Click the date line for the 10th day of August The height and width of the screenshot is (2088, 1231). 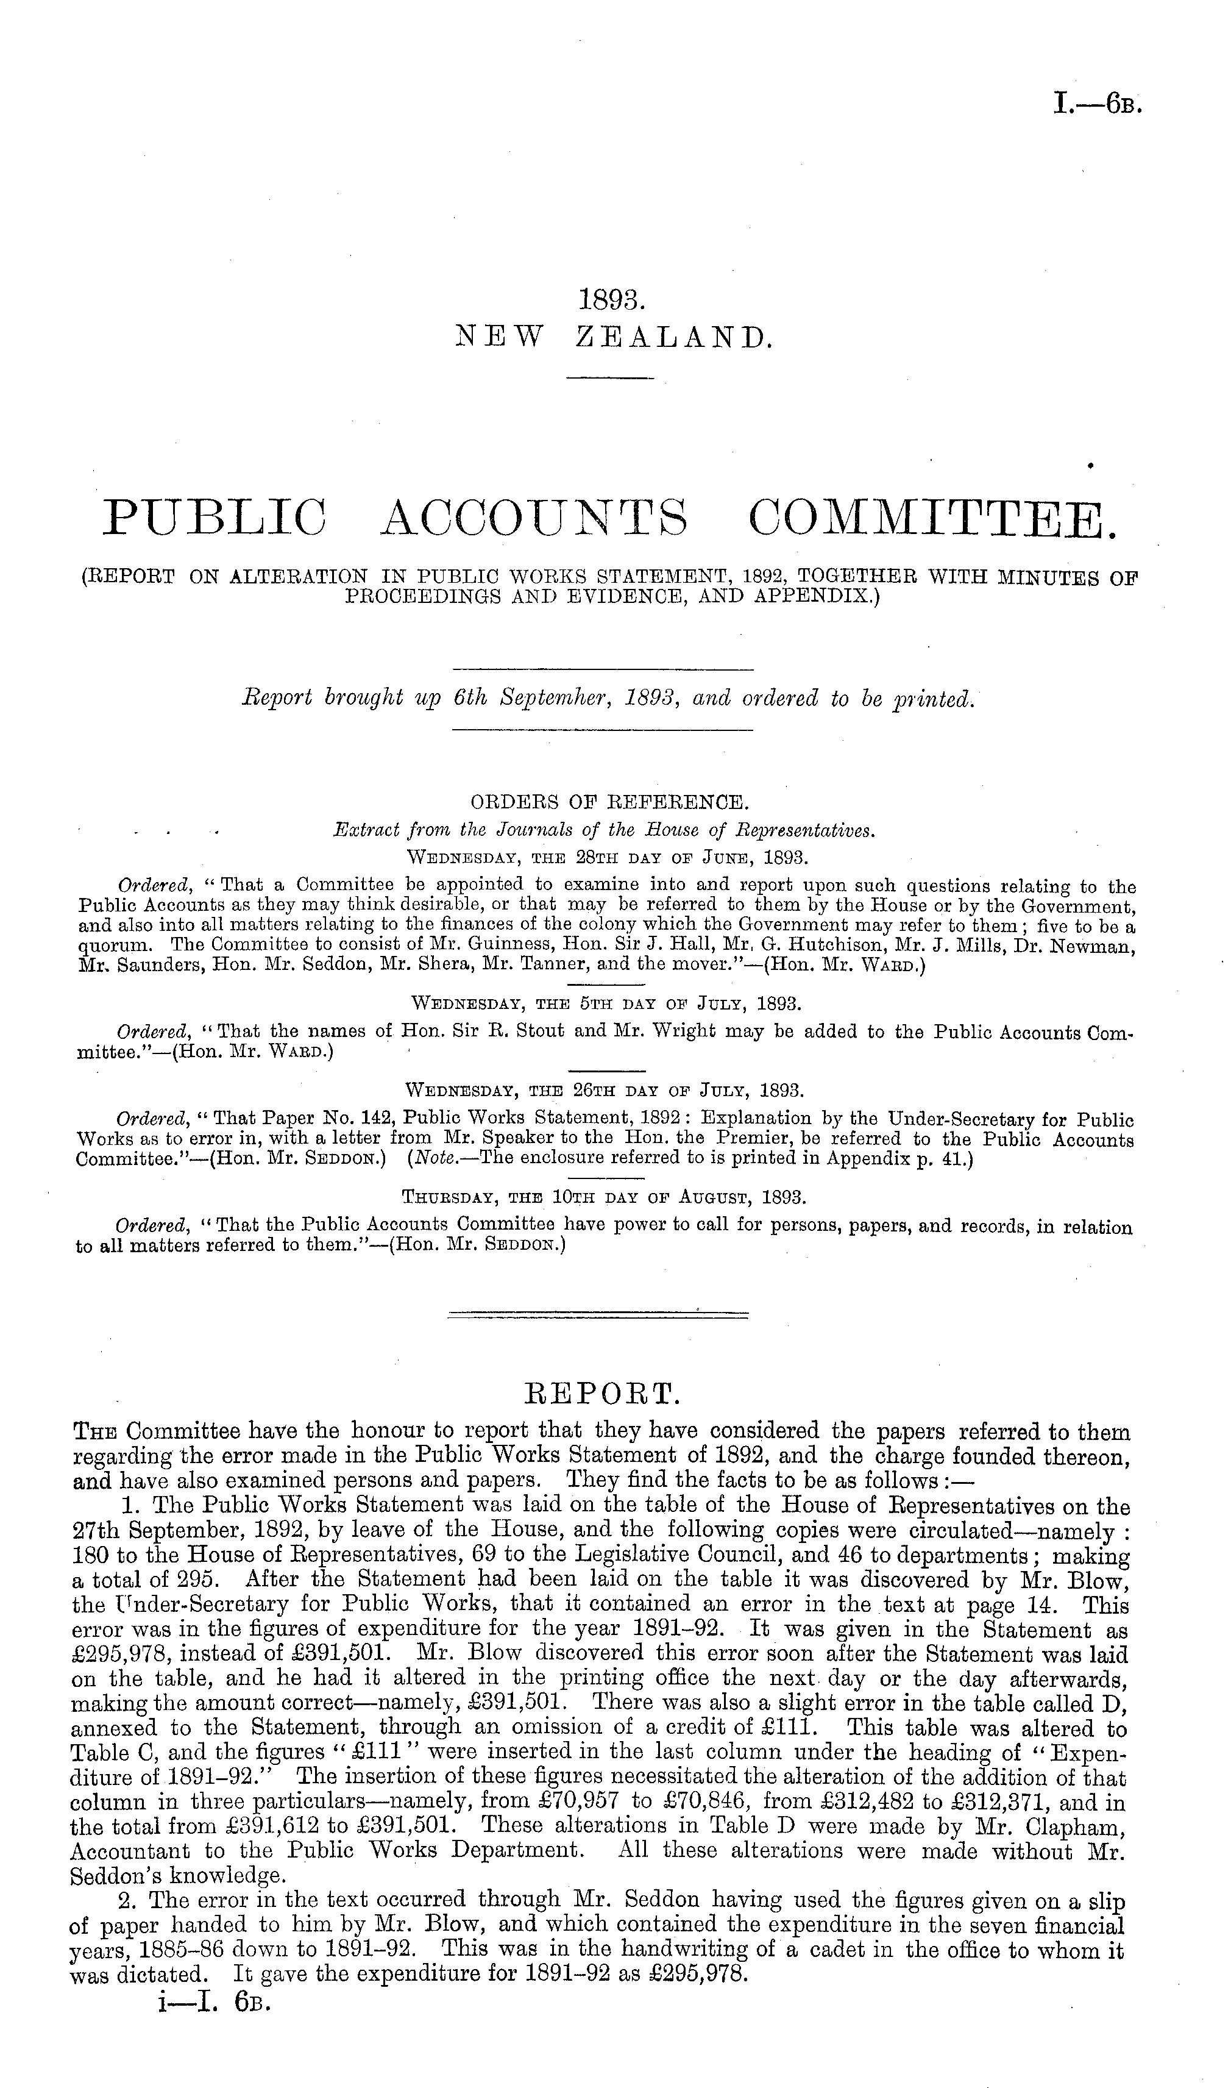click(604, 1197)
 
